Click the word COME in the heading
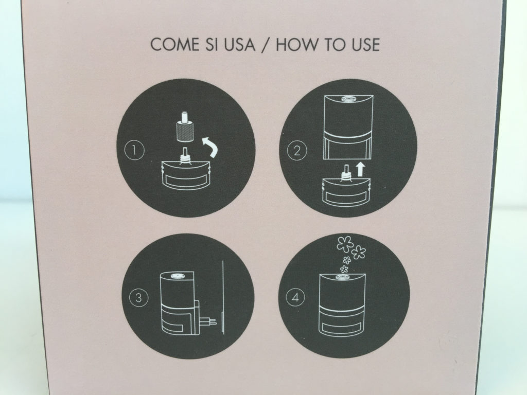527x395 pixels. point(174,45)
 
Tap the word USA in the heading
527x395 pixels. point(239,45)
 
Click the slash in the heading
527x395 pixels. point(266,45)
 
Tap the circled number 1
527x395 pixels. point(134,150)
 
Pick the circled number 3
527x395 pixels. point(138,298)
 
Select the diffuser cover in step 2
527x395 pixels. point(348,127)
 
